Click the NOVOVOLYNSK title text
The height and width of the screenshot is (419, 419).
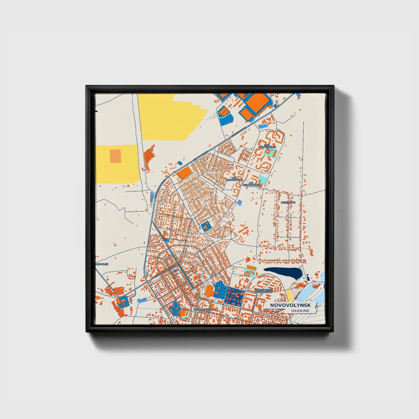(x=290, y=305)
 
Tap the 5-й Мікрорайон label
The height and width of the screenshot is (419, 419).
(x=235, y=179)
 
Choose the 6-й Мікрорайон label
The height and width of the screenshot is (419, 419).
(x=251, y=184)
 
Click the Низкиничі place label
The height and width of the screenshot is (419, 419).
(x=288, y=203)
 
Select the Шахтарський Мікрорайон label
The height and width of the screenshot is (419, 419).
(x=263, y=291)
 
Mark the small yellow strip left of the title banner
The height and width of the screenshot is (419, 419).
(x=289, y=295)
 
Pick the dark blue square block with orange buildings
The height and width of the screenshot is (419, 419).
(x=235, y=296)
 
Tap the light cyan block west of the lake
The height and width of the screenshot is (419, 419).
(x=251, y=269)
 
